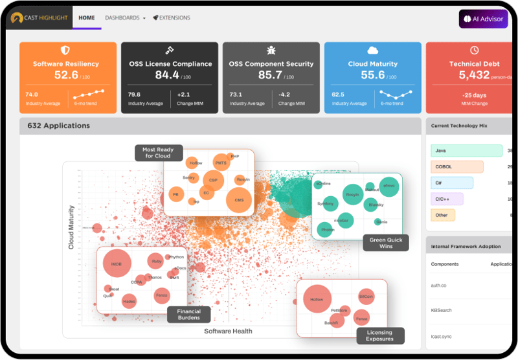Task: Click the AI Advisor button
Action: [484, 19]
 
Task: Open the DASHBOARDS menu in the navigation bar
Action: [124, 18]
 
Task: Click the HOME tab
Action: [87, 18]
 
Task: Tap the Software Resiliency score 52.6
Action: [66, 75]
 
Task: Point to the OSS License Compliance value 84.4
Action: [167, 75]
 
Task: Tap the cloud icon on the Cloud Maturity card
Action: [372, 51]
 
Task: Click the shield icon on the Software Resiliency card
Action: [65, 51]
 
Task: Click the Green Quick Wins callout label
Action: [386, 243]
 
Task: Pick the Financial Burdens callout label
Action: [189, 315]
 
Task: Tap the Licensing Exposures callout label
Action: [380, 335]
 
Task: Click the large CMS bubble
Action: [239, 200]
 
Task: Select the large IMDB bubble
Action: [117, 264]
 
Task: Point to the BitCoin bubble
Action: [366, 297]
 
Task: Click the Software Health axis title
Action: [228, 331]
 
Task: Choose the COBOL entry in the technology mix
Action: [457, 166]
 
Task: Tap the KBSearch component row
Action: [442, 310]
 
